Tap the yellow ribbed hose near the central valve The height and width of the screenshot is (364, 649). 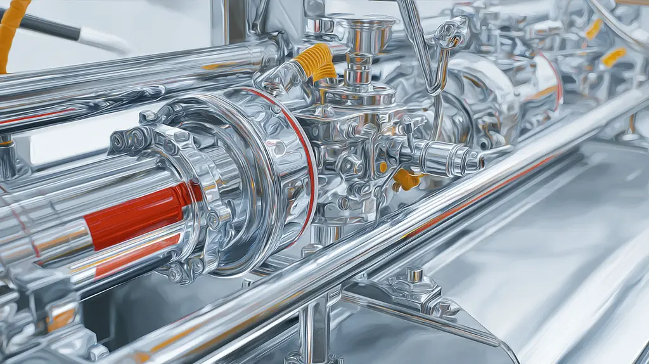tap(315, 63)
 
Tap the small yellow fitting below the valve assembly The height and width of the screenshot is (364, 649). tap(404, 179)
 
